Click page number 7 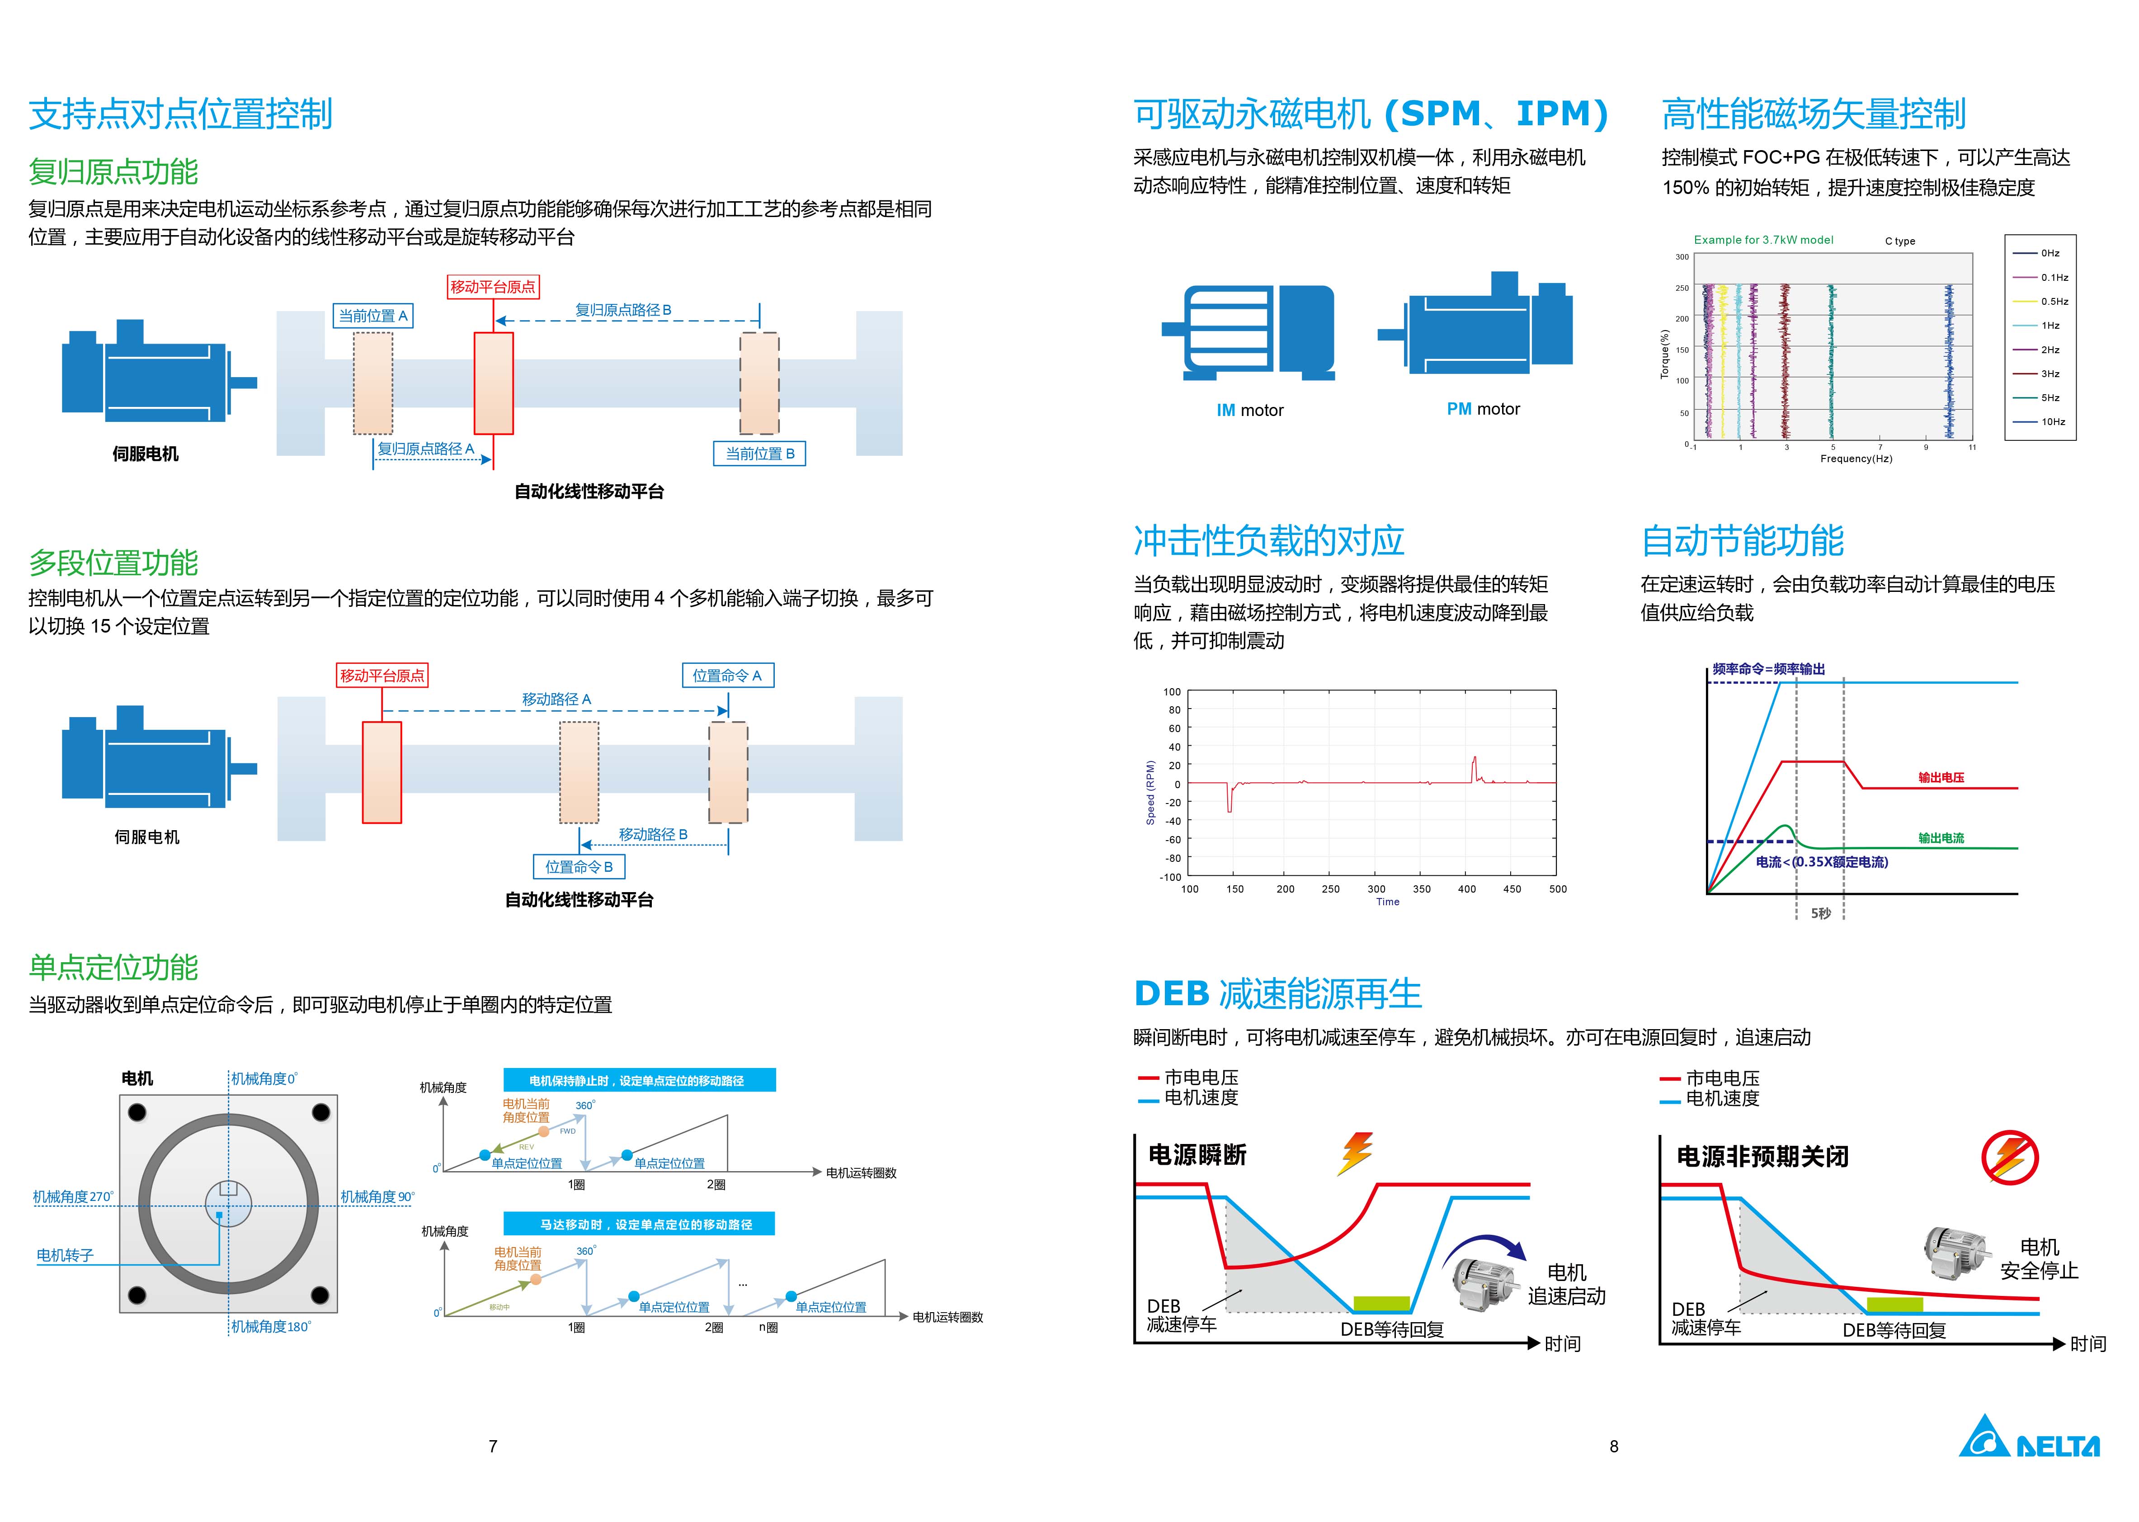coord(493,1446)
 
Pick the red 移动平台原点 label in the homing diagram coord(493,287)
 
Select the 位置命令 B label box coord(579,867)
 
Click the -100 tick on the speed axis coord(1170,877)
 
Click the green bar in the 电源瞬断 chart coord(1382,1304)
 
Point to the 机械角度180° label coord(271,1326)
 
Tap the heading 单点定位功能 coord(113,967)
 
